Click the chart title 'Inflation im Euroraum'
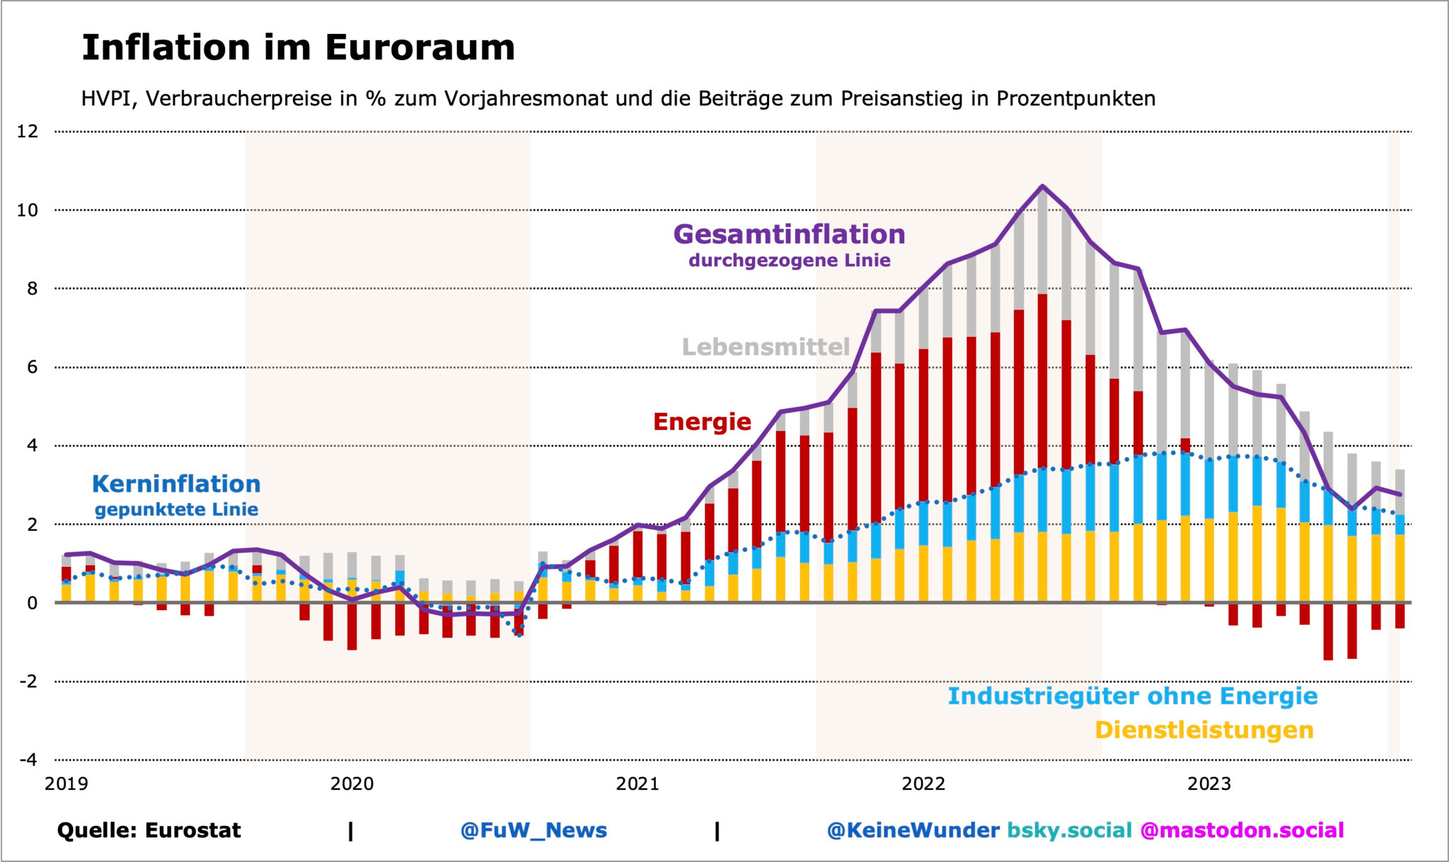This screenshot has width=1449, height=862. pos(298,48)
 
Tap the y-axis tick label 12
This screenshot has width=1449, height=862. pos(28,132)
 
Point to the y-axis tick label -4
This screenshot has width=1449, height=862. pos(28,760)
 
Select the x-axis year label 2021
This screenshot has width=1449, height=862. pos(637,784)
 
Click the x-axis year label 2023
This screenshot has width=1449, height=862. pos(1209,784)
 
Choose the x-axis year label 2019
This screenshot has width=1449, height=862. pos(67,784)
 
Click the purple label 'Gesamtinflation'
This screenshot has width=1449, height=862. pos(789,234)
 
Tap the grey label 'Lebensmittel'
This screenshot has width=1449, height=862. pos(766,347)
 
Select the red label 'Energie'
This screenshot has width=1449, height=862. pos(702,422)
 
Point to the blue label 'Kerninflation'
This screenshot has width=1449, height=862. pos(176,484)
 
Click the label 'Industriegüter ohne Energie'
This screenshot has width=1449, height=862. pos(1132,696)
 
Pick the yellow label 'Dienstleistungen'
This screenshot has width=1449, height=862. pos(1203,730)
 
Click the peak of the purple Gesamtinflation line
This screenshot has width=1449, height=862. pos(1042,186)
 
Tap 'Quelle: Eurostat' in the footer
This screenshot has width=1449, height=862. pos(149,830)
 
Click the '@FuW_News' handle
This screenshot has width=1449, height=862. pos(533,830)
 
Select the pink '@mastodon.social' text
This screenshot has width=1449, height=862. pos(1242,830)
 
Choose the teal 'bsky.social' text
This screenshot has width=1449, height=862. pos(1069,830)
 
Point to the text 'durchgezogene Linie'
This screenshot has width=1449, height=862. pos(789,260)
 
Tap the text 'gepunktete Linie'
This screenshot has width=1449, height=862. pos(176,510)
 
